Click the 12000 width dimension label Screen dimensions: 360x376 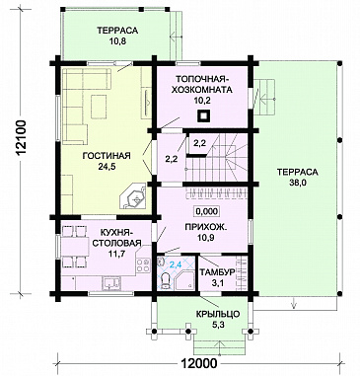(x=198, y=363)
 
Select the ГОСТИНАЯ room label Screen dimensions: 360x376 (x=107, y=156)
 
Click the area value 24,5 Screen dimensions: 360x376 (x=107, y=167)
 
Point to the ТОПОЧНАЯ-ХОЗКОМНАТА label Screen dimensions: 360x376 (x=202, y=84)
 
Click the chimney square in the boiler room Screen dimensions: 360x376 (x=203, y=116)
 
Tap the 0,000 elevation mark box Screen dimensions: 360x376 (x=207, y=211)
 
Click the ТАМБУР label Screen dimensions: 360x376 (x=217, y=272)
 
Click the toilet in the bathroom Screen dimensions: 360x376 (x=166, y=280)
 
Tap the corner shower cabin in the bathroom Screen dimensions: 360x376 (x=185, y=280)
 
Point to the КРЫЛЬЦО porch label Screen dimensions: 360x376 (x=218, y=314)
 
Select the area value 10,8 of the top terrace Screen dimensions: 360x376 (x=117, y=41)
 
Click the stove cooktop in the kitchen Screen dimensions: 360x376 (x=143, y=265)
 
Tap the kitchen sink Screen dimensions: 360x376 (x=111, y=283)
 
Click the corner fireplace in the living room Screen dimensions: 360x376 (x=134, y=197)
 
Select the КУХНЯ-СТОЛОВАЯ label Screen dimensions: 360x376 (x=116, y=239)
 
